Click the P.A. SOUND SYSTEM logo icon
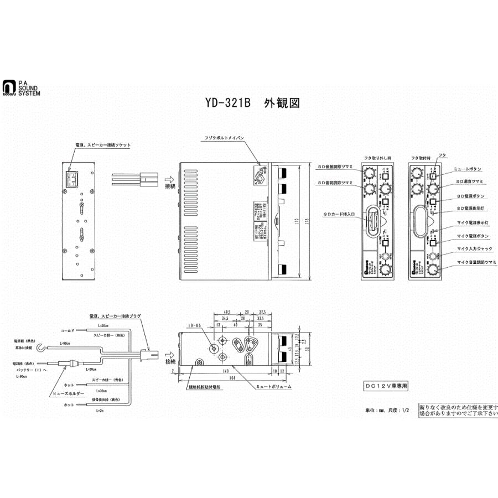point(8,87)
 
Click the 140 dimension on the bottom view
point(225,369)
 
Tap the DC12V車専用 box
point(389,385)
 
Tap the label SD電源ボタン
point(471,196)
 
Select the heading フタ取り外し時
point(378,158)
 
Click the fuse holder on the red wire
point(72,364)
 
